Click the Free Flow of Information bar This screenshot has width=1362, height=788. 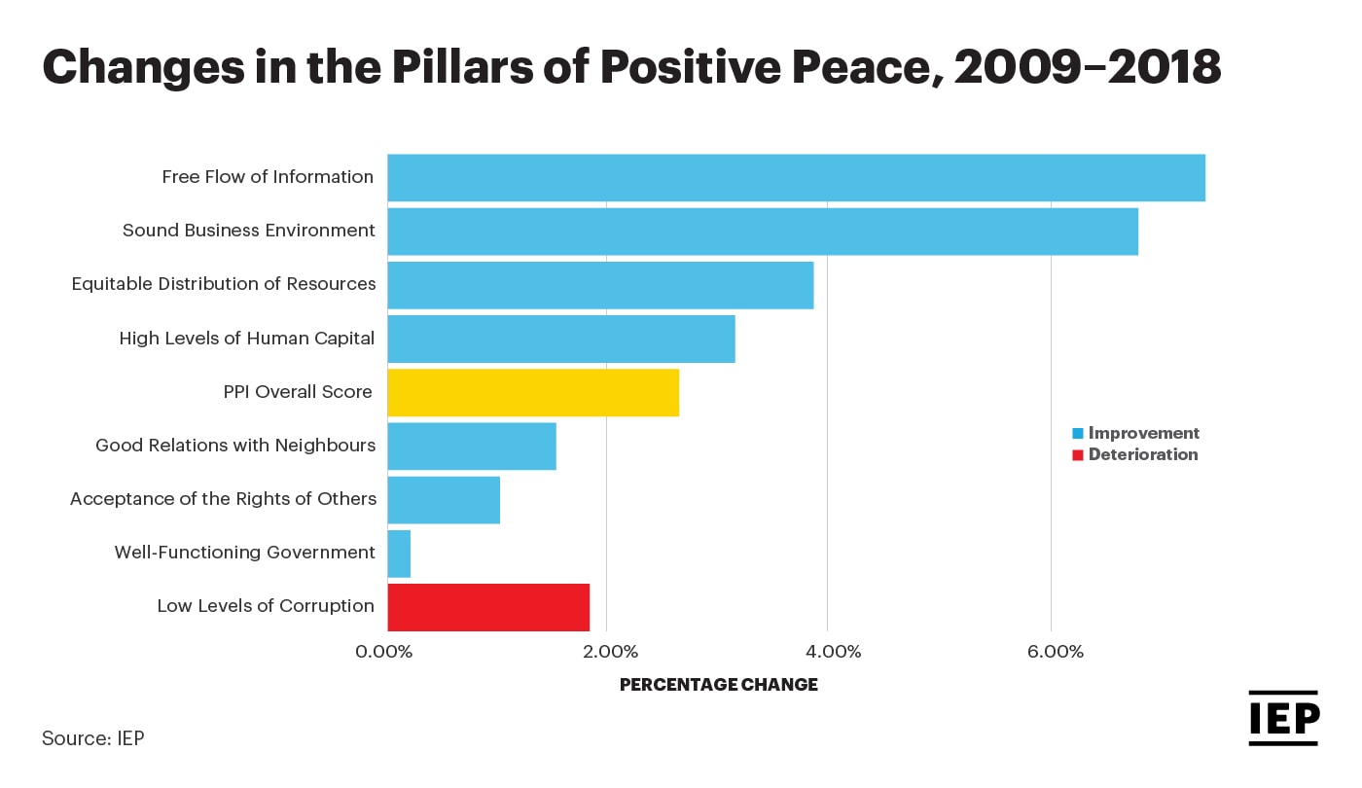click(796, 178)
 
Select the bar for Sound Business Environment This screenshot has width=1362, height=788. click(763, 232)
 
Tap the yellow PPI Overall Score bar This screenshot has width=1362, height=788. click(533, 392)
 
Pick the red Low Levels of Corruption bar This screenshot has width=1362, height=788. click(488, 607)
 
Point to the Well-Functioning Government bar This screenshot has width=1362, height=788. click(399, 554)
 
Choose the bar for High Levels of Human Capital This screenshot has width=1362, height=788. click(561, 339)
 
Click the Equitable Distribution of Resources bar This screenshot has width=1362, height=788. click(600, 285)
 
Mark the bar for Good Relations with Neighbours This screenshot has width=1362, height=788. click(472, 447)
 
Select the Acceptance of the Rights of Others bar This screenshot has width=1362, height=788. click(444, 500)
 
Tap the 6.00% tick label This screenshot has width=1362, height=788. click(1055, 652)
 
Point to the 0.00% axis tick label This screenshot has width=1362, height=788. click(385, 652)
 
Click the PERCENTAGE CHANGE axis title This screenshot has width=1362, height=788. click(718, 685)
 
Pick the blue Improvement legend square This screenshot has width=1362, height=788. click(1077, 434)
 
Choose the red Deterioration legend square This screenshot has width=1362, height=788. click(1077, 455)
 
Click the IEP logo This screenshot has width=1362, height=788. click(1283, 719)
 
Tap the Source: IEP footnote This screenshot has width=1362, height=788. click(92, 738)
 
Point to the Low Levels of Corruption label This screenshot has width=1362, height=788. click(266, 606)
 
